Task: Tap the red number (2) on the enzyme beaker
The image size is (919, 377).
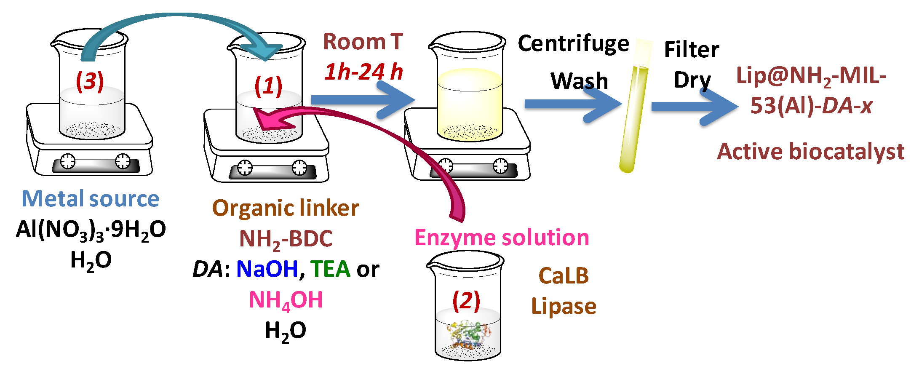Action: tap(466, 300)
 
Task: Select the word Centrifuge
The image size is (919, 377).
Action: tap(573, 44)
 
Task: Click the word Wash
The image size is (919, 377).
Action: tap(580, 80)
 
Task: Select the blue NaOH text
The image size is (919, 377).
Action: tap(267, 269)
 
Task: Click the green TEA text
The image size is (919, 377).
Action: tap(331, 269)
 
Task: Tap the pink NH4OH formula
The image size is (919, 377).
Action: tap(286, 300)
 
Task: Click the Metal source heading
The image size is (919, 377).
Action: tap(90, 198)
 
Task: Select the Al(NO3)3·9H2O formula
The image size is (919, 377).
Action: tap(91, 230)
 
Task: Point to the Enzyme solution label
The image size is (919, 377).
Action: tap(502, 238)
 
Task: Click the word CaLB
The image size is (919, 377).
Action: tap(564, 276)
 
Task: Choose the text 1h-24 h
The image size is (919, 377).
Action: tap(363, 72)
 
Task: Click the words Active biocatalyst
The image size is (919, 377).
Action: tap(810, 151)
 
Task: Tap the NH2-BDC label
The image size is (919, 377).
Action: tap(286, 239)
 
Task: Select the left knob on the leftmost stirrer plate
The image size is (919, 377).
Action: tap(68, 161)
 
